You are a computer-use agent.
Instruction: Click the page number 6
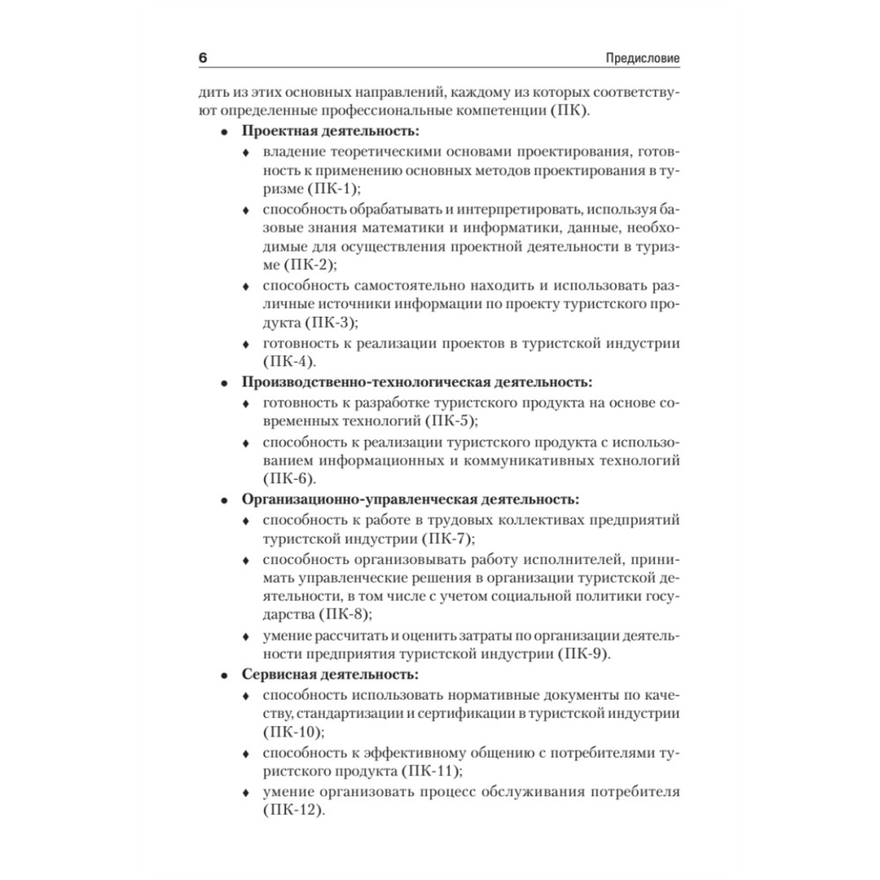coord(202,58)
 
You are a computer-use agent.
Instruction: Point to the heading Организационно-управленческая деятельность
coord(410,499)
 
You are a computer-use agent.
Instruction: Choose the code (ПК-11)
coord(430,772)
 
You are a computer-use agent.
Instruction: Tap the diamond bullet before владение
coord(246,151)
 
